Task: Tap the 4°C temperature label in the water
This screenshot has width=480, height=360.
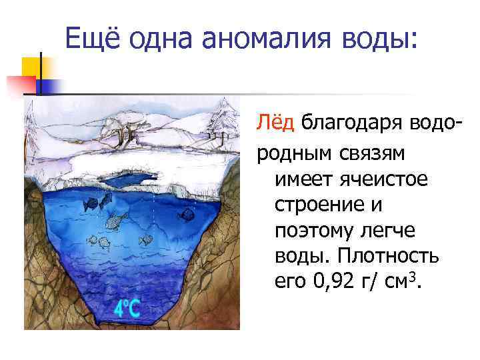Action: click(x=127, y=308)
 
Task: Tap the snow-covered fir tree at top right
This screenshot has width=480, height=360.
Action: click(x=224, y=120)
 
